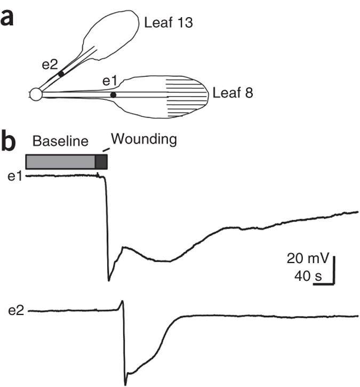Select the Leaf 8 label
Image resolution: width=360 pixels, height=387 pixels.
click(x=232, y=93)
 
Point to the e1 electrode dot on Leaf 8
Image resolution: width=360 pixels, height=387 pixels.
click(x=113, y=95)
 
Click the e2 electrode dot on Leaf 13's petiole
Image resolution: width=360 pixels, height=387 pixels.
click(x=61, y=73)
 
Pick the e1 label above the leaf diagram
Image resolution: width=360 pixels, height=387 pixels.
click(x=109, y=81)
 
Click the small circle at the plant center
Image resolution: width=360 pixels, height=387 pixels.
click(x=36, y=94)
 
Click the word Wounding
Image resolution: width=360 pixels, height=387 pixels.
click(x=143, y=140)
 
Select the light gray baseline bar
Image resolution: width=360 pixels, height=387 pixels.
click(x=60, y=162)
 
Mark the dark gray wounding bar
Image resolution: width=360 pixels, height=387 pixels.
click(x=101, y=162)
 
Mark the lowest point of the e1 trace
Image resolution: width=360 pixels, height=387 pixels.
click(x=109, y=279)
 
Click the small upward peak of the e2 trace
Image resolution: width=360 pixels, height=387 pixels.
click(x=122, y=302)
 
